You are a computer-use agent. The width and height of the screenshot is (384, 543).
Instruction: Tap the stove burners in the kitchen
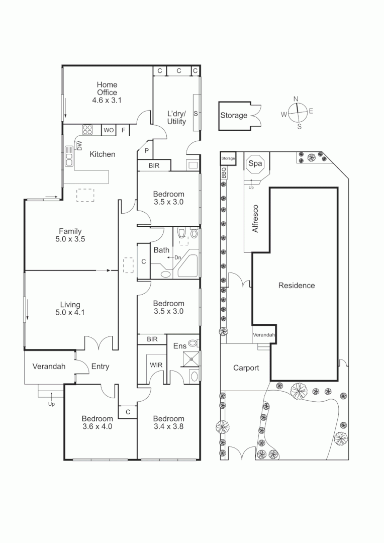pyautogui.click(x=87, y=130)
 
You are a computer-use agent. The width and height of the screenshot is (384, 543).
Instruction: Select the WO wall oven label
pyautogui.click(x=109, y=131)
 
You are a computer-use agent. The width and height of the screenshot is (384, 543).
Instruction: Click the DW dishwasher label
pyautogui.click(x=79, y=145)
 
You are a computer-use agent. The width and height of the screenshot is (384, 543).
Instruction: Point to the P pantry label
pyautogui.click(x=147, y=151)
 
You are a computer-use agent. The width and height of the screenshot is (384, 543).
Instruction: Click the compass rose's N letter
pyautogui.click(x=296, y=99)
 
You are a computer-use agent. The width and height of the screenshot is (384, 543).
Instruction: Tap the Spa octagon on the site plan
pyautogui.click(x=255, y=164)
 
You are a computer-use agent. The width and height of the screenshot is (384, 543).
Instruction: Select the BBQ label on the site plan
pyautogui.click(x=224, y=173)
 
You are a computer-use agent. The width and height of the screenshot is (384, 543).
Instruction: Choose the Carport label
pyautogui.click(x=246, y=368)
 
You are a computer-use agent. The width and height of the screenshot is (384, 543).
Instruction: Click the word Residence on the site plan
pyautogui.click(x=297, y=286)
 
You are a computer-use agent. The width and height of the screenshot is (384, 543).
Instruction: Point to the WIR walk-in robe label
pyautogui.click(x=155, y=365)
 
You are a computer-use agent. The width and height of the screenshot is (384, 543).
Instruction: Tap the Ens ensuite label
pyautogui.click(x=179, y=346)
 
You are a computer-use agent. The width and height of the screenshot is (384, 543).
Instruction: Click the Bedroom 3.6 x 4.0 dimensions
pyautogui.click(x=98, y=426)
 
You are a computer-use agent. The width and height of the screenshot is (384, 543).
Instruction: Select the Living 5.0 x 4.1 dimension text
pyautogui.click(x=70, y=312)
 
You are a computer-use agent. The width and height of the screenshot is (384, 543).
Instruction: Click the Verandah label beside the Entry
pyautogui.click(x=49, y=367)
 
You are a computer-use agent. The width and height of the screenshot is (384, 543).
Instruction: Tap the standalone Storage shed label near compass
pyautogui.click(x=234, y=116)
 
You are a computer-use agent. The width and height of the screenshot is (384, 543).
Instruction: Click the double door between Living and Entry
pyautogui.click(x=100, y=343)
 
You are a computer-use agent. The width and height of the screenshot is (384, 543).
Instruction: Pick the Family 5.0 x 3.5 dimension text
pyautogui.click(x=70, y=239)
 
